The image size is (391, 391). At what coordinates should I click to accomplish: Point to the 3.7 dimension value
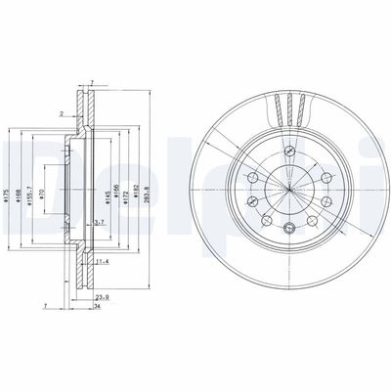point(100,223)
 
